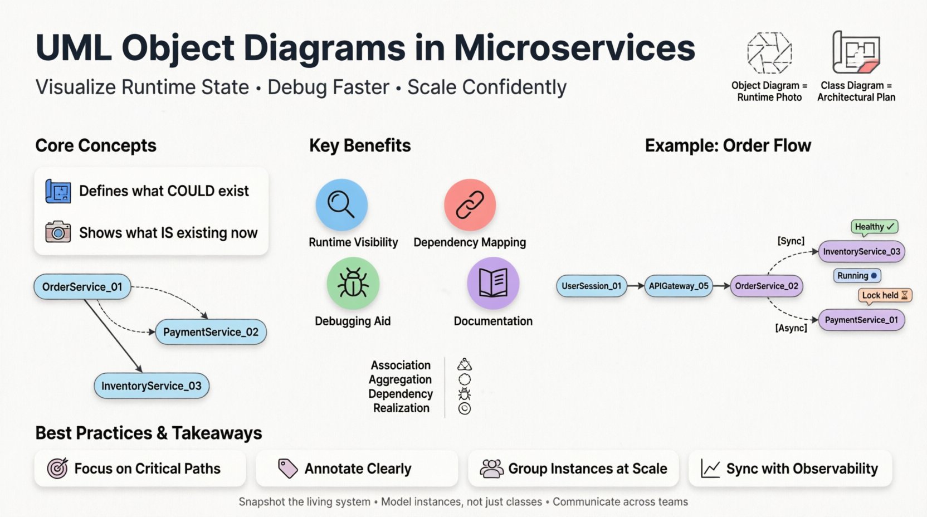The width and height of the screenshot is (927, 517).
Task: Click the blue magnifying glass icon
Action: pyautogui.click(x=341, y=204)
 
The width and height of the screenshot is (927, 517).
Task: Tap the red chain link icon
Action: pyautogui.click(x=470, y=204)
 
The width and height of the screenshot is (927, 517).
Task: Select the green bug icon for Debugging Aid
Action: pyautogui.click(x=353, y=283)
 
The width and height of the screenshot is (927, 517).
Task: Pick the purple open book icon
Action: pyautogui.click(x=493, y=283)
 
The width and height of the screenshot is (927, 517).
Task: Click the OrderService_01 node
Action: pyautogui.click(x=82, y=287)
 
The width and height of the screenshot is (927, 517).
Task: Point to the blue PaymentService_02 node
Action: pyautogui.click(x=211, y=332)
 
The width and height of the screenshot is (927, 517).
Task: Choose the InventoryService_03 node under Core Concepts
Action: pyautogui.click(x=152, y=386)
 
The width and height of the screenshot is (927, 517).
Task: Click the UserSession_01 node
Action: pyautogui.click(x=592, y=286)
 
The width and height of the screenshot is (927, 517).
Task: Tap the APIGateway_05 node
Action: pyautogui.click(x=679, y=286)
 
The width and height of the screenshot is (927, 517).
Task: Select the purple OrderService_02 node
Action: pyautogui.click(x=767, y=286)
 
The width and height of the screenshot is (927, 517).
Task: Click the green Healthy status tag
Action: pyautogui.click(x=874, y=227)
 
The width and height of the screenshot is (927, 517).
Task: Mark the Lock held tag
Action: pyautogui.click(x=885, y=295)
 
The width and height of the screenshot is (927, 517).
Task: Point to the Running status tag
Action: pyautogui.click(x=857, y=275)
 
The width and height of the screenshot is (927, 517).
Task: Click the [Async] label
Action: pyautogui.click(x=791, y=328)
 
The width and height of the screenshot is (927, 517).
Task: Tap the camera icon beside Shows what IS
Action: pyautogui.click(x=58, y=232)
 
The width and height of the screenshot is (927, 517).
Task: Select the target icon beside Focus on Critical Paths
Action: pyautogui.click(x=57, y=469)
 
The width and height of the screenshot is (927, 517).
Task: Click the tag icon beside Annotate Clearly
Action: pyautogui.click(x=288, y=469)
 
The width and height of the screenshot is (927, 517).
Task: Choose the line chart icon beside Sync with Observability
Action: pyautogui.click(x=710, y=469)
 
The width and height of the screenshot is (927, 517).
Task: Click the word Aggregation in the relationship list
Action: pyautogui.click(x=400, y=379)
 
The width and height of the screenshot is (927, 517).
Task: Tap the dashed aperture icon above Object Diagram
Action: pyautogui.click(x=769, y=53)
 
